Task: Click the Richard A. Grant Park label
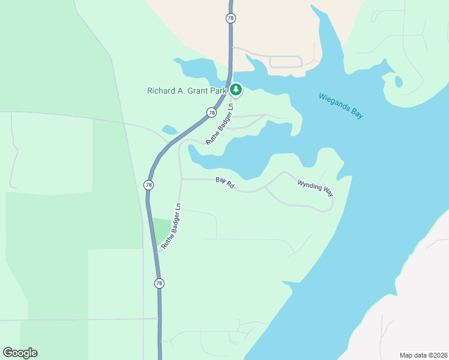tap(187, 91)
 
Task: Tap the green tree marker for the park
tap(236, 90)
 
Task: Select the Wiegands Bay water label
tap(340, 106)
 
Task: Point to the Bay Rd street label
tap(225, 183)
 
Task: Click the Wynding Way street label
tap(315, 187)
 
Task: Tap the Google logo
tap(20, 353)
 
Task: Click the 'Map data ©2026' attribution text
tap(423, 355)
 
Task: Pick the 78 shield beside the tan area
tap(231, 19)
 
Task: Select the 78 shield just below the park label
tap(211, 112)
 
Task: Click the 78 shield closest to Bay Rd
tap(148, 185)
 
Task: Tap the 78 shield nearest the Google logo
tap(158, 283)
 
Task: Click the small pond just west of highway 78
tap(169, 129)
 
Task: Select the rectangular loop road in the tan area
tap(286, 61)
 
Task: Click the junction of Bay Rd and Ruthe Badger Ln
tap(181, 179)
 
